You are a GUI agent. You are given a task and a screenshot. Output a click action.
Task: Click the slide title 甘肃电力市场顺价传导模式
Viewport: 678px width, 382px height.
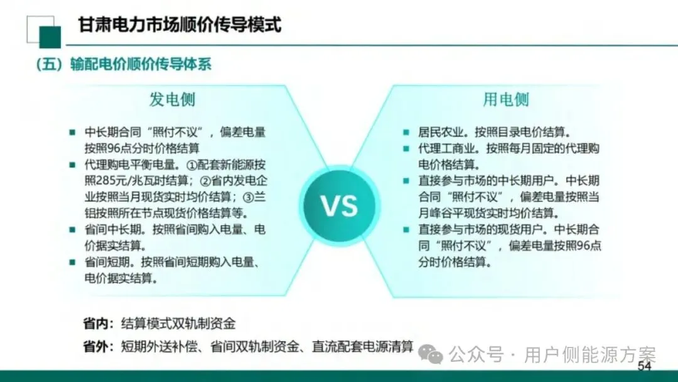tap(180, 25)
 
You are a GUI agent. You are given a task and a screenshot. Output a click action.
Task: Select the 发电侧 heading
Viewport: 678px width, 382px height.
tap(172, 99)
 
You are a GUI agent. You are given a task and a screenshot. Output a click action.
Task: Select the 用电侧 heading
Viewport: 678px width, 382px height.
tap(506, 99)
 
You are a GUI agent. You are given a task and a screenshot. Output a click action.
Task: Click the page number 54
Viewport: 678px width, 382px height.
tap(644, 366)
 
